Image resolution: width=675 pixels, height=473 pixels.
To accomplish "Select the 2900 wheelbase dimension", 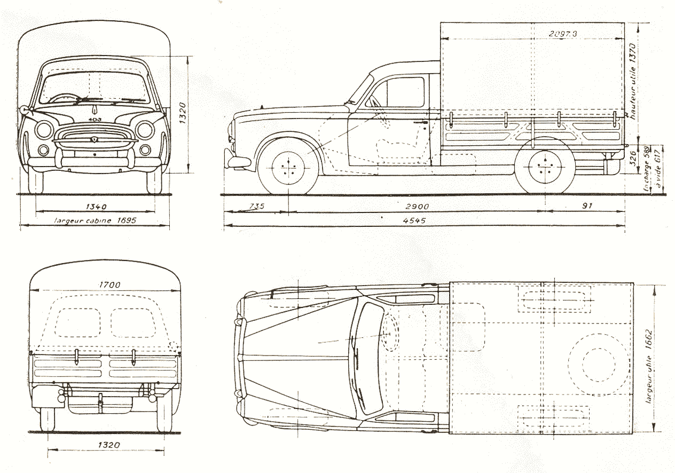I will coord(417,206).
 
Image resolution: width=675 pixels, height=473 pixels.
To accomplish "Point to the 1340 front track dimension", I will coord(96,207).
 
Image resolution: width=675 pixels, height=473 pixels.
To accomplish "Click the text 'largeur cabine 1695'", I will coord(96,219).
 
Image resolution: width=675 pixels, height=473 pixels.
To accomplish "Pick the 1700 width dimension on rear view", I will coord(109,285).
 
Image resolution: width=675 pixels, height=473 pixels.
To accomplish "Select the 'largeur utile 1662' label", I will coord(650,361).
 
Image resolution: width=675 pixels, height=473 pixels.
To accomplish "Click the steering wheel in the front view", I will coord(65,98).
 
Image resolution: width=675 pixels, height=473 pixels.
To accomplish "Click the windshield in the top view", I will coord(368,358).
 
